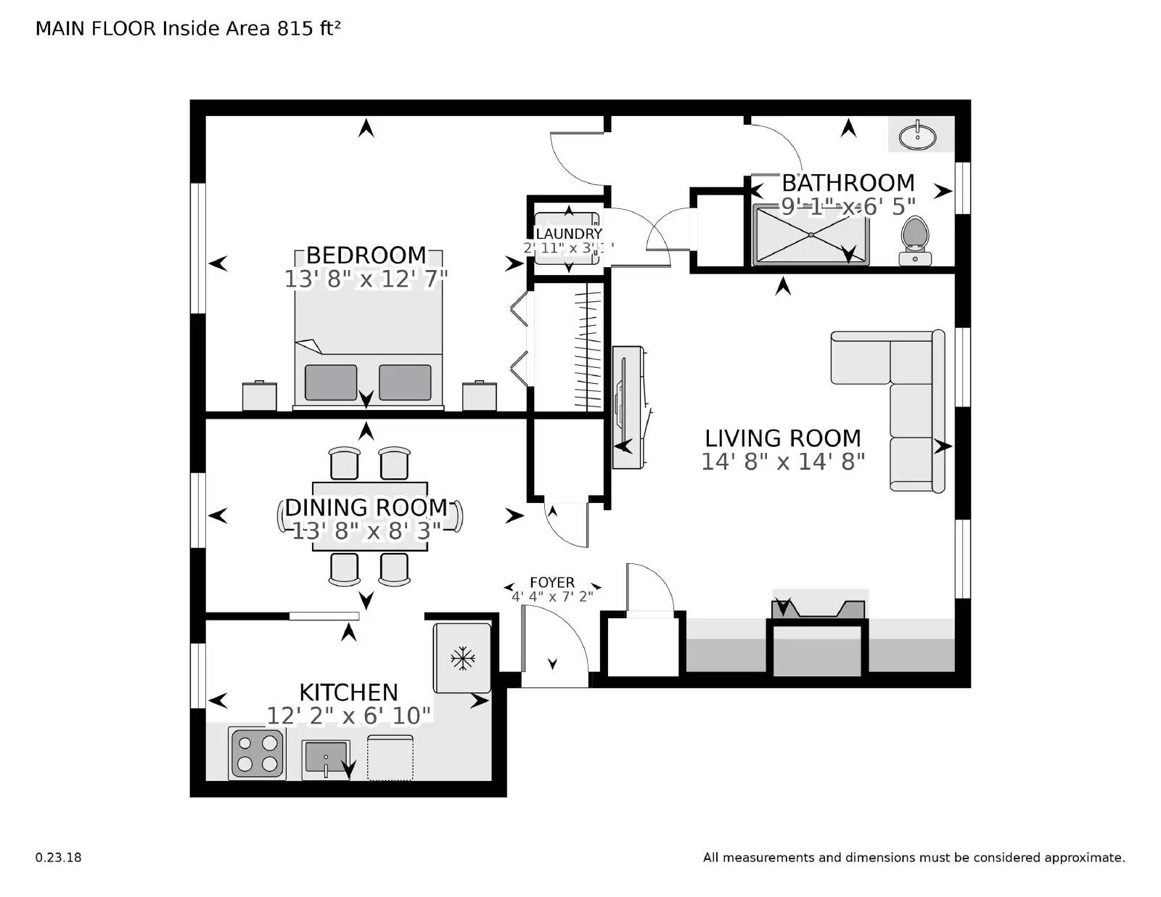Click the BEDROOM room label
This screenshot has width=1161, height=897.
click(366, 255)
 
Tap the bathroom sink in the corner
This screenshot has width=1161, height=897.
click(917, 136)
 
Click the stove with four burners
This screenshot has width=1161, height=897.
click(256, 753)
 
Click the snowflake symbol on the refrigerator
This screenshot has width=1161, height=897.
click(462, 659)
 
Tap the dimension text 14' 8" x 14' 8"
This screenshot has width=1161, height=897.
click(783, 462)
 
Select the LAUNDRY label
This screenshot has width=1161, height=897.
click(569, 234)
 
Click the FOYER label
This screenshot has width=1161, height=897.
click(552, 582)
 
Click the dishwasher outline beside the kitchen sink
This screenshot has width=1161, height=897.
click(390, 758)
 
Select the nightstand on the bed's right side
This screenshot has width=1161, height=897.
click(480, 396)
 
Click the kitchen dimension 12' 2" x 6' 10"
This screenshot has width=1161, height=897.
click(349, 716)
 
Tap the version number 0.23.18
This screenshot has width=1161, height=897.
click(58, 857)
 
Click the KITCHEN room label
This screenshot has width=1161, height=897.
click(349, 692)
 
